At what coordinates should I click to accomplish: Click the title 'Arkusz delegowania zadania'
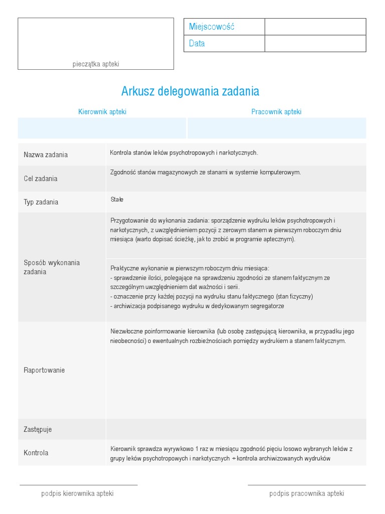[190, 91]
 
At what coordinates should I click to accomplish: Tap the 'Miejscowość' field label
[212, 27]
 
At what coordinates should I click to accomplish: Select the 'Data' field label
[197, 44]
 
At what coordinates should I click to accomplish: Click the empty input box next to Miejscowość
[315, 27]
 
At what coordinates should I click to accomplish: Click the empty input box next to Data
[315, 44]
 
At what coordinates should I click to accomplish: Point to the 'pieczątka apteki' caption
[96, 64]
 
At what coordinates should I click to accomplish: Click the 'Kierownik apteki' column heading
[102, 112]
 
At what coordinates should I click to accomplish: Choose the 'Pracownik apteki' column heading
[276, 112]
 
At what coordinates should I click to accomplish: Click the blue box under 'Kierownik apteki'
[102, 128]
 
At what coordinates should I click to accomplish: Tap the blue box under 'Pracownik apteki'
[277, 128]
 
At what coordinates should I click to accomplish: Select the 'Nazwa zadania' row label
[46, 155]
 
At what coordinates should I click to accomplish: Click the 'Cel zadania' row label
[41, 179]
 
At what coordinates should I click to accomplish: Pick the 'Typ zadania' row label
[41, 202]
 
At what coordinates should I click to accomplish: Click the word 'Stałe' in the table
[117, 200]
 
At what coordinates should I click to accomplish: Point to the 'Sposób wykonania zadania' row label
[52, 267]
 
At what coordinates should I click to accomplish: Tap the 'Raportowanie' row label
[44, 370]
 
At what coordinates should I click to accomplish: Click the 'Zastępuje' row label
[38, 430]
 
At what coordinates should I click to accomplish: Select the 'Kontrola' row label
[36, 453]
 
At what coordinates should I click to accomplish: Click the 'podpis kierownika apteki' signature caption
[77, 493]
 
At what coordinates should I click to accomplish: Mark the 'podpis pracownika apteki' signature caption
[307, 493]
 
